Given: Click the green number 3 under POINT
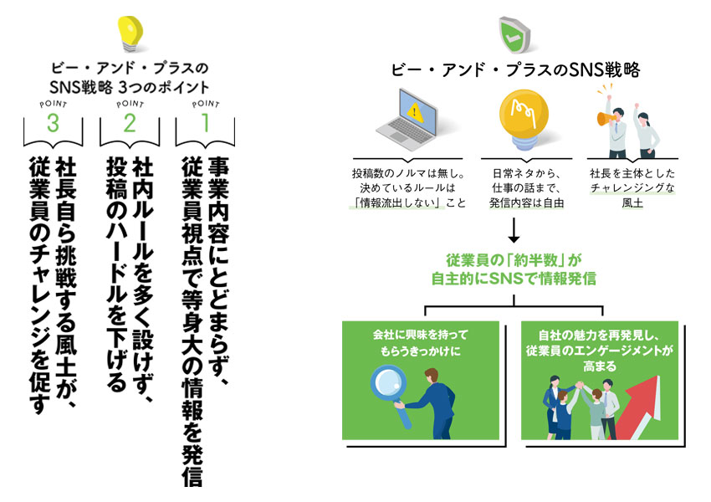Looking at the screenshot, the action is click(53, 123).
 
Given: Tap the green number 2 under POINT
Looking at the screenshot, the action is click(130, 123).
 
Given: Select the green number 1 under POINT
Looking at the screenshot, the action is click(205, 123).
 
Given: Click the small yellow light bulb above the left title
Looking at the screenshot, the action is click(130, 33).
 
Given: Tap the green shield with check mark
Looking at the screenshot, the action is click(514, 34).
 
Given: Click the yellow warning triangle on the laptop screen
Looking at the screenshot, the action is click(415, 112).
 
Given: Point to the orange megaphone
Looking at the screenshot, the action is click(607, 118).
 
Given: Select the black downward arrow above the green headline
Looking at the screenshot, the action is click(514, 230).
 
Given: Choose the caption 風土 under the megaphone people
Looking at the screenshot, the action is click(632, 202).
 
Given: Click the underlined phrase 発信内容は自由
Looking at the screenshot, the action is click(526, 202).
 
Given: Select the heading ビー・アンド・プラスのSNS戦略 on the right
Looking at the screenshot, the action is click(515, 70).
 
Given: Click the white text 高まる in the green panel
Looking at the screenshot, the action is click(600, 366).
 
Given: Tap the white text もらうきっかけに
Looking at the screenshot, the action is click(421, 351).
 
